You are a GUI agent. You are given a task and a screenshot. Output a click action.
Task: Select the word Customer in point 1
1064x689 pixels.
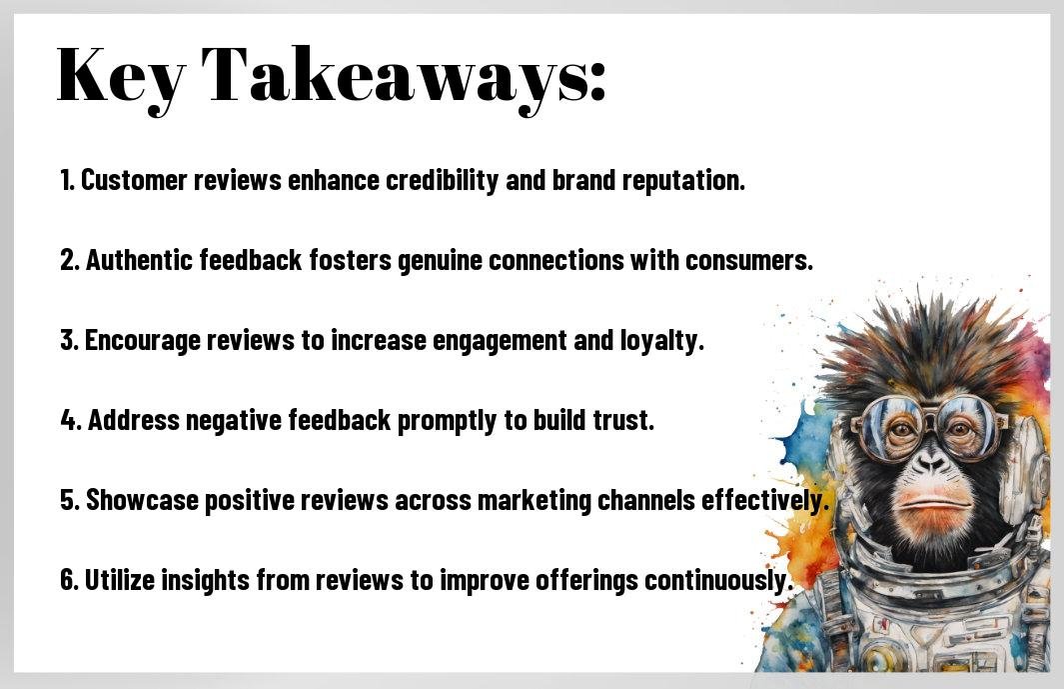click(x=134, y=180)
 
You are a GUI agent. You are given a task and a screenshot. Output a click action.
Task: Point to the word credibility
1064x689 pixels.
click(x=442, y=181)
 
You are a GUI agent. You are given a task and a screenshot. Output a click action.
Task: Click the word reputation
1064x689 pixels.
click(x=683, y=181)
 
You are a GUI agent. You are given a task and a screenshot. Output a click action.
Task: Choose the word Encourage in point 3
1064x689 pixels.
click(x=143, y=341)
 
